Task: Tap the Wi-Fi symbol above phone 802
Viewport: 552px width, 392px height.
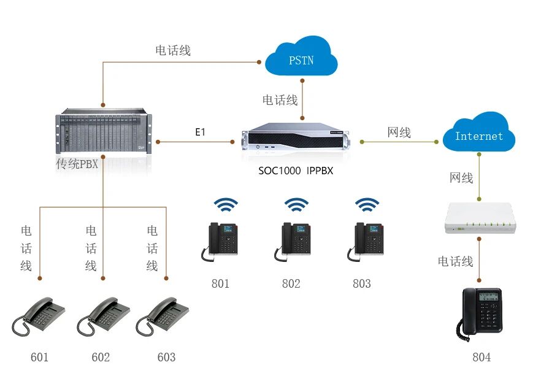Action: (296, 205)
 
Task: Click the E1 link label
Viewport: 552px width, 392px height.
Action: (200, 132)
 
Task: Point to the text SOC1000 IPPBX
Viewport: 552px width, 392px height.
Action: (295, 171)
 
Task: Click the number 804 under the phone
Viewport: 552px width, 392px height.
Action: (481, 357)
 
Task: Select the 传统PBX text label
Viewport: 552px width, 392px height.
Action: (77, 164)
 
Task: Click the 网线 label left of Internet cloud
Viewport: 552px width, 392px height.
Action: (399, 133)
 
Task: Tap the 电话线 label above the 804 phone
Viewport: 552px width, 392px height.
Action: (455, 261)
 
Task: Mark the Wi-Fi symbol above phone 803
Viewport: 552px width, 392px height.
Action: (367, 205)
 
